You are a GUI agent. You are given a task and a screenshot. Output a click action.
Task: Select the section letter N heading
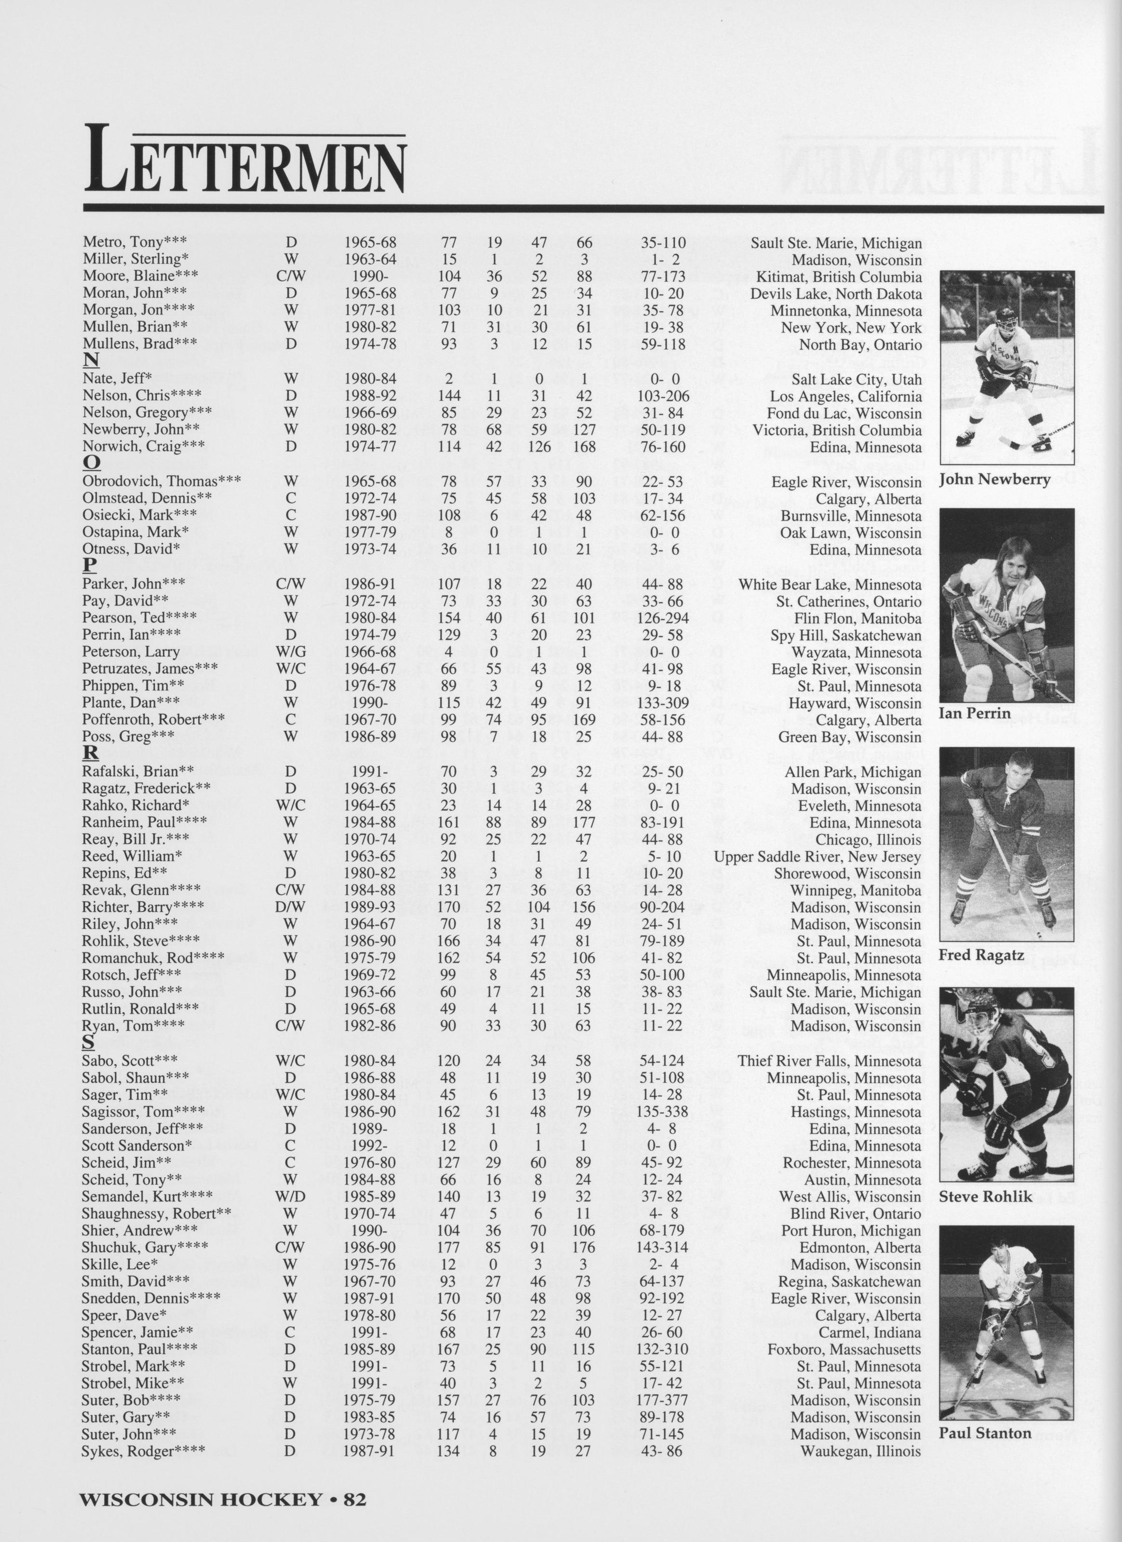tap(91, 360)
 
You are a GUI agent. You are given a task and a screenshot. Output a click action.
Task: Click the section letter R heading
tap(91, 753)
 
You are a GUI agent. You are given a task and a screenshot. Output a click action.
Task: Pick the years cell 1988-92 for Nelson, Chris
tap(370, 396)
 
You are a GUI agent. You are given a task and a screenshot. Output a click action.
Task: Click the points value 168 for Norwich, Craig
tap(583, 447)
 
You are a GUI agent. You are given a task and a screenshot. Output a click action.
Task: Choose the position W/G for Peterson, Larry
tap(291, 652)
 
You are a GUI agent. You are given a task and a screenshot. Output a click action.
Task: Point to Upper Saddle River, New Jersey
tap(817, 857)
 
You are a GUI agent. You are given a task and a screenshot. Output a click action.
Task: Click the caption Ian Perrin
tap(974, 713)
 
